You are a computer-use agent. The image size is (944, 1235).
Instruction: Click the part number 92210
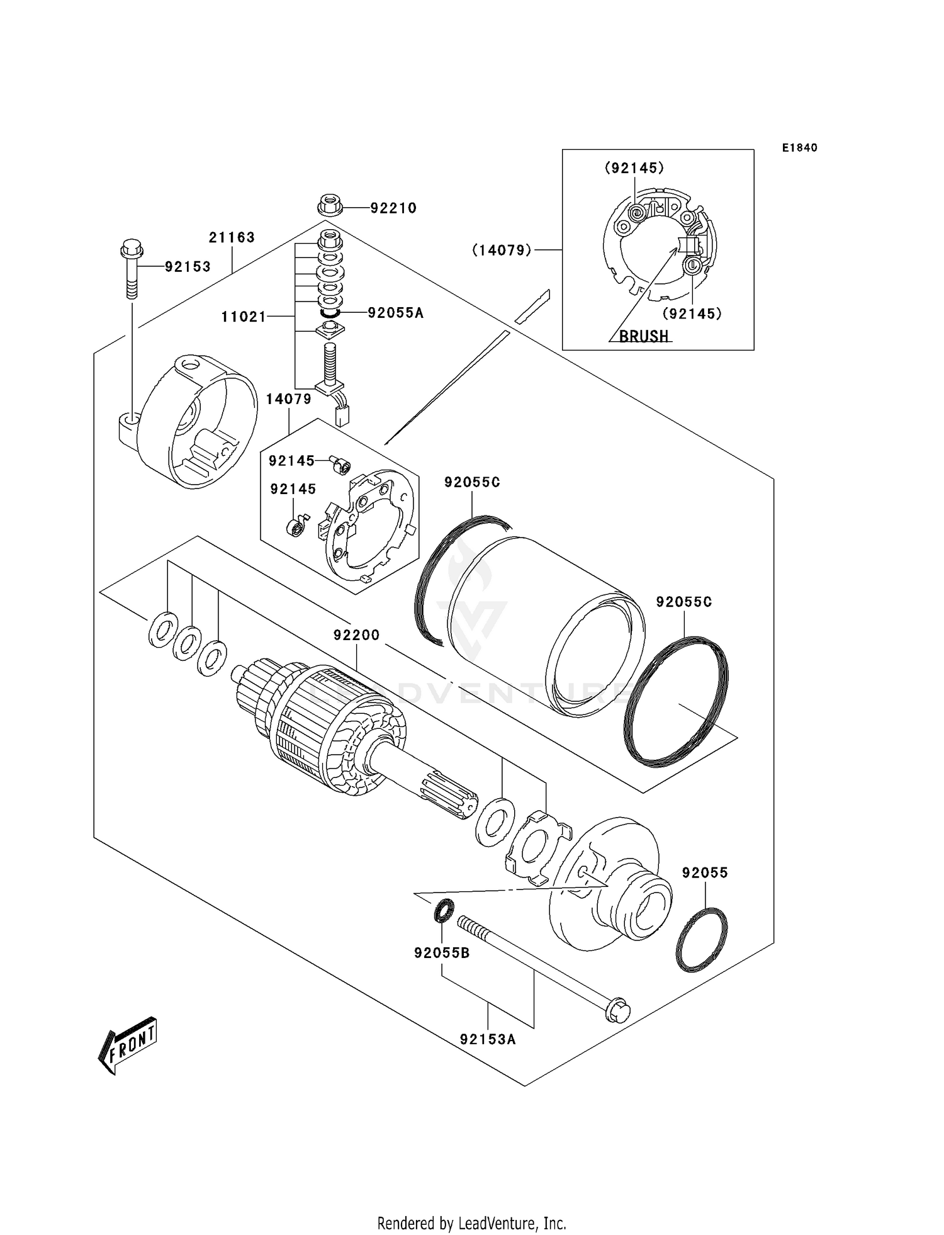pyautogui.click(x=393, y=208)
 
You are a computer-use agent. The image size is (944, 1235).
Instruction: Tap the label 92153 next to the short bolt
pyautogui.click(x=188, y=267)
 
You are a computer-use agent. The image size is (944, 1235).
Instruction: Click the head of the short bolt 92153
pyautogui.click(x=131, y=249)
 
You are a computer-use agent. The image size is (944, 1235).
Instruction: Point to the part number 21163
pyautogui.click(x=232, y=237)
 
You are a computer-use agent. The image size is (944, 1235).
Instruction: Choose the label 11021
pyautogui.click(x=244, y=317)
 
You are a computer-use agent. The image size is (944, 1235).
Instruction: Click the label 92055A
pyautogui.click(x=395, y=312)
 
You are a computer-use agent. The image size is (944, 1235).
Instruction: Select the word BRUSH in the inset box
pyautogui.click(x=643, y=336)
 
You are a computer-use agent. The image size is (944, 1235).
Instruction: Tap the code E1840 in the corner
pyautogui.click(x=799, y=148)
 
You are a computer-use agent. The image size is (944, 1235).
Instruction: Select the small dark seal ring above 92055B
pyautogui.click(x=443, y=910)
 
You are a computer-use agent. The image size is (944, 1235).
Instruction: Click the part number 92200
pyautogui.click(x=356, y=635)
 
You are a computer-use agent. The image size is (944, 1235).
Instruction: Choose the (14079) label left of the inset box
pyautogui.click(x=502, y=251)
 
